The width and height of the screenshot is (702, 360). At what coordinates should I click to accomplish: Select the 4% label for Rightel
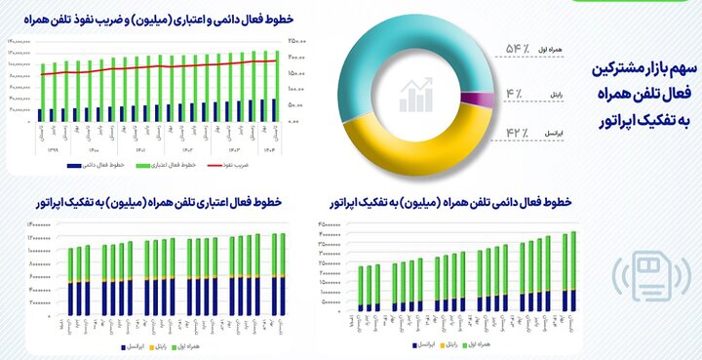point(518,95)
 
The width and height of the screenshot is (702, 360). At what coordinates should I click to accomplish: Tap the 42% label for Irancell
point(518,131)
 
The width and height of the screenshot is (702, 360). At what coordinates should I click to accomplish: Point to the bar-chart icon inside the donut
point(416,95)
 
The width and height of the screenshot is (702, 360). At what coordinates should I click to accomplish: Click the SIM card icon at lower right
point(655,277)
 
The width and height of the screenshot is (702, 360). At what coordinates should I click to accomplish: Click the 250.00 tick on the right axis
point(297,41)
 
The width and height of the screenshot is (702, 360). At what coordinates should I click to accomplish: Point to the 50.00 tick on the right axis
point(297,104)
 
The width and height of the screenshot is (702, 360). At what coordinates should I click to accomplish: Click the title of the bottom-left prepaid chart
point(156,202)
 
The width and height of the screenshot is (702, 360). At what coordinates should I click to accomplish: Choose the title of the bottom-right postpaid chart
point(468,202)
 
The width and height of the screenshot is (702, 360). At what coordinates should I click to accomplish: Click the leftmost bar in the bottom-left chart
point(71,283)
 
